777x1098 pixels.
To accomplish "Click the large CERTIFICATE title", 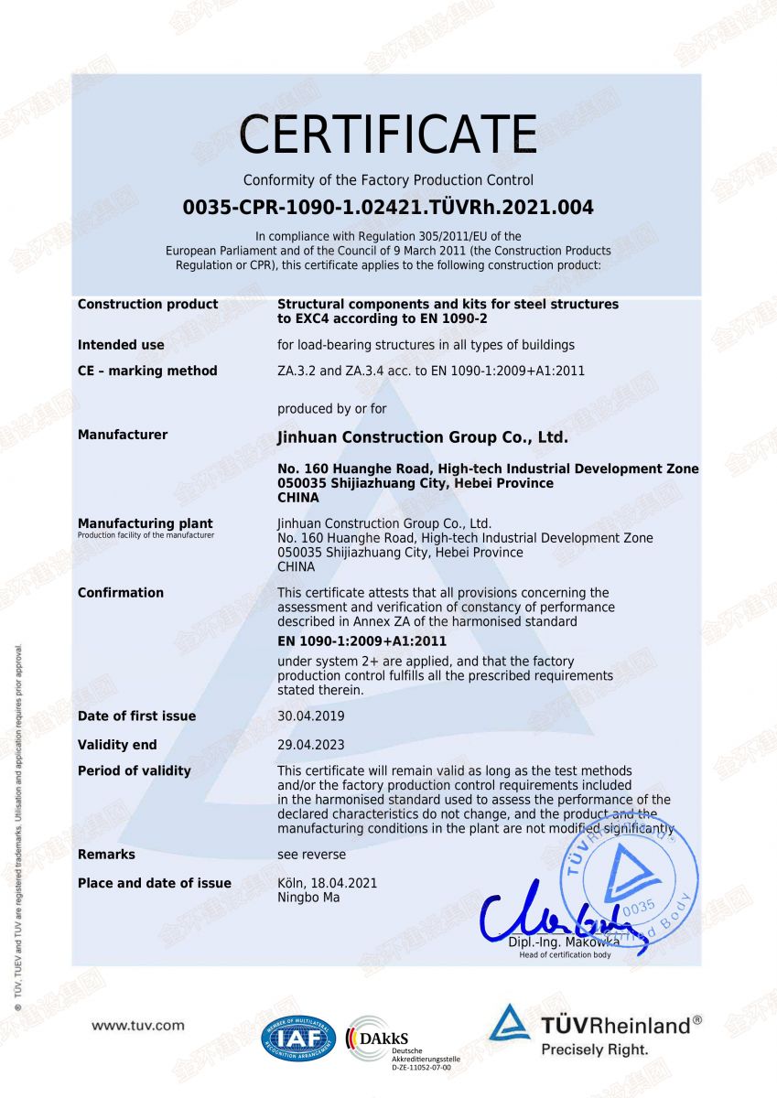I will coord(388,135).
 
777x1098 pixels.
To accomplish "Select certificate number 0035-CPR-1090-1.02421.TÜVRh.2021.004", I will coord(388,208).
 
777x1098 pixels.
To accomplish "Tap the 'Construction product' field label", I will coord(148,304).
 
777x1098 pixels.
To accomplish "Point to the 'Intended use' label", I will coord(121,345).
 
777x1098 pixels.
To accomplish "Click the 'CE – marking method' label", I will coord(147,371).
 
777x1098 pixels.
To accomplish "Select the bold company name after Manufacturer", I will coord(422,437).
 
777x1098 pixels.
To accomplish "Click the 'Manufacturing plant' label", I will coord(145,523).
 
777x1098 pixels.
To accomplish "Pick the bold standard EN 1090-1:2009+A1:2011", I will coord(362,641).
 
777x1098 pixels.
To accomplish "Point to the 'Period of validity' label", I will coord(135,770).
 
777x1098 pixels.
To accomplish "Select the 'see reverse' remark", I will coord(311,855).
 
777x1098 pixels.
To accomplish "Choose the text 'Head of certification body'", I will coord(565,955).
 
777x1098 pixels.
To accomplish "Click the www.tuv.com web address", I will coord(138,1026).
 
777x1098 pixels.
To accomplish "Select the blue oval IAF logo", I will coord(298,1039).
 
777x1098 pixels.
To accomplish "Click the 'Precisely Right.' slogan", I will coord(594,1050).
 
